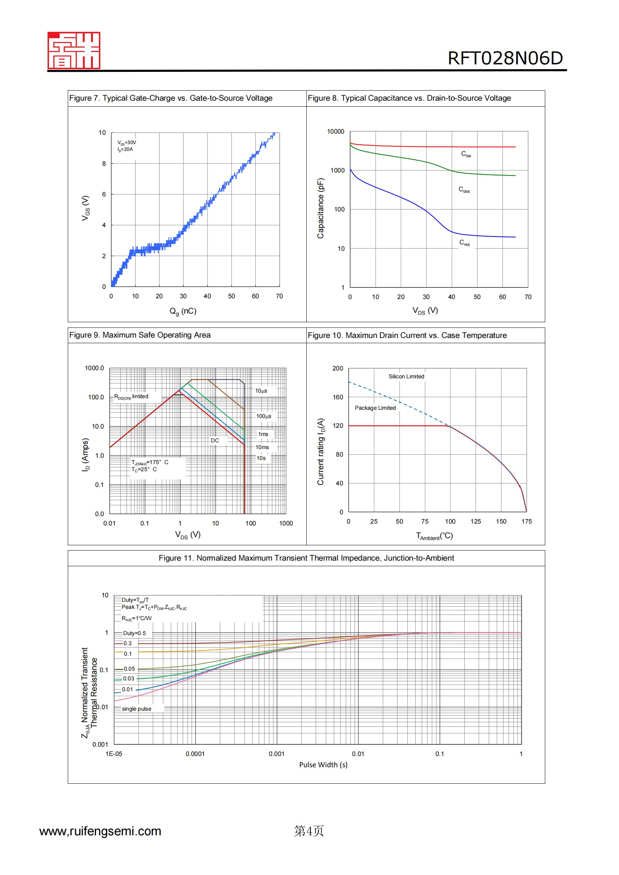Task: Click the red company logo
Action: click(74, 50)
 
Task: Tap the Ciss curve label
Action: click(466, 154)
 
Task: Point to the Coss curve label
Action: click(464, 189)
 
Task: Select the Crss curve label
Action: click(464, 243)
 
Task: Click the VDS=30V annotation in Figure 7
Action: click(127, 143)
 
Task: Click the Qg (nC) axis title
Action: click(183, 311)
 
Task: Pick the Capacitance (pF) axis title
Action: click(321, 208)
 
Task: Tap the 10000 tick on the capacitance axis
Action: click(335, 131)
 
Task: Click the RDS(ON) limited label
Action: click(131, 396)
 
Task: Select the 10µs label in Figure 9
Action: click(261, 391)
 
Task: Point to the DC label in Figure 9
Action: click(215, 440)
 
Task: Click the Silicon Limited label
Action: click(406, 376)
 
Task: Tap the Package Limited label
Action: click(375, 408)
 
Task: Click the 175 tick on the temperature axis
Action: click(527, 521)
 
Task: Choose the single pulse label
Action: click(137, 709)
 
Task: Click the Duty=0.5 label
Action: click(134, 633)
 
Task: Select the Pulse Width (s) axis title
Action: click(323, 765)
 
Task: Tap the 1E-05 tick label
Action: click(114, 754)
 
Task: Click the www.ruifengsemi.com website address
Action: click(100, 831)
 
